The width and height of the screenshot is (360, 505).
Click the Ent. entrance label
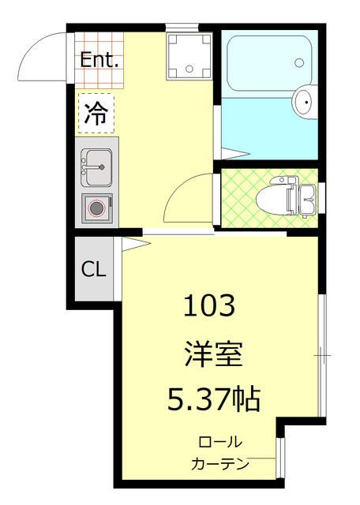(x=99, y=59)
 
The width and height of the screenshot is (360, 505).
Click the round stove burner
(x=96, y=208)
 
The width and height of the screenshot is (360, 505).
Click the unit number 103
(x=209, y=305)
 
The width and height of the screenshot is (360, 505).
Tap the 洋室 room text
(x=209, y=353)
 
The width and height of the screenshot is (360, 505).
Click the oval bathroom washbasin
(x=304, y=101)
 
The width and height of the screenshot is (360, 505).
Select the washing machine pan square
(x=189, y=55)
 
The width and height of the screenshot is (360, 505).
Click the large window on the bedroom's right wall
(x=322, y=355)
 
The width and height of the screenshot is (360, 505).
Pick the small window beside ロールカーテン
(x=279, y=458)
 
